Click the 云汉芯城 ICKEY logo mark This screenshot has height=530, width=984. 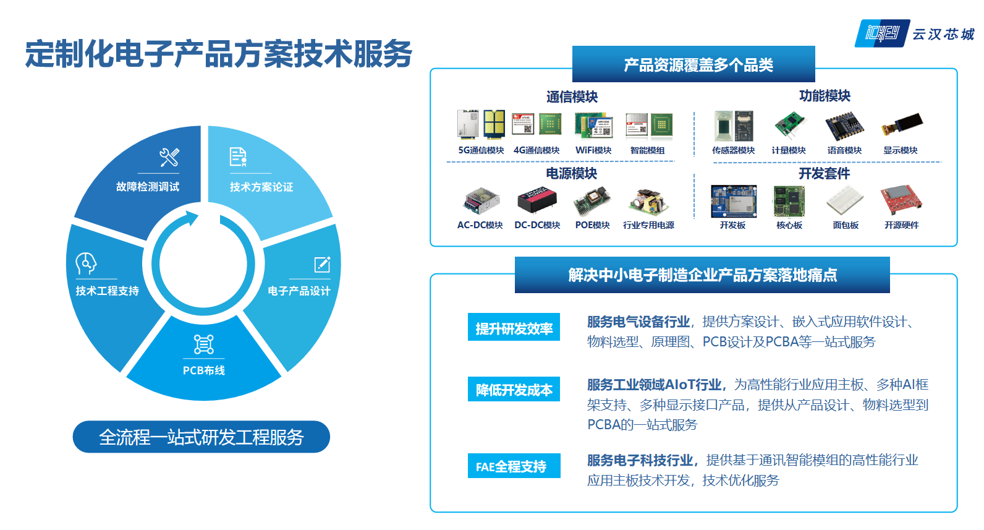click(x=882, y=33)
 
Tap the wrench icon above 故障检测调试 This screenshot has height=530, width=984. click(x=169, y=157)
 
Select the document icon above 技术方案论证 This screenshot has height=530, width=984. click(x=238, y=157)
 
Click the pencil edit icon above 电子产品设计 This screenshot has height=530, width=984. click(x=322, y=265)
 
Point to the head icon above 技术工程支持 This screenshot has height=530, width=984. click(x=86, y=263)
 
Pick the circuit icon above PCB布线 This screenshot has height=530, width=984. click(x=204, y=344)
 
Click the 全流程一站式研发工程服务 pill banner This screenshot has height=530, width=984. click(x=201, y=437)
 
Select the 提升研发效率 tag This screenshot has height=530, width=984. click(x=514, y=327)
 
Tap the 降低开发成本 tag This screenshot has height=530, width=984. click(x=514, y=389)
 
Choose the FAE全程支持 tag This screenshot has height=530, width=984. click(x=514, y=466)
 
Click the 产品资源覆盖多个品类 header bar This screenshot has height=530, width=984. click(x=693, y=64)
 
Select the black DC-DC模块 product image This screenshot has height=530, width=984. click(x=537, y=201)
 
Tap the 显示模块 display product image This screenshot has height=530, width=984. click(x=902, y=124)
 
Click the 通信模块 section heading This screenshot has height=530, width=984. click(x=572, y=96)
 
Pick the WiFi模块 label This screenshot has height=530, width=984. click(x=593, y=150)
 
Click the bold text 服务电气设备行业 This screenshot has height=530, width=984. click(x=638, y=322)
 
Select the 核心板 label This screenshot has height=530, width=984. click(x=789, y=225)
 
